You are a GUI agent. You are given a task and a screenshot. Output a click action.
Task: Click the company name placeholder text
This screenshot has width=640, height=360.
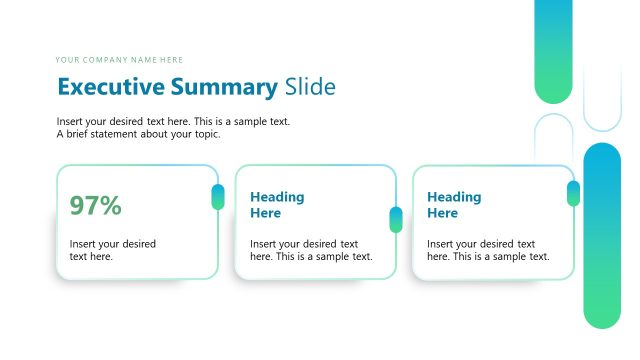(120, 60)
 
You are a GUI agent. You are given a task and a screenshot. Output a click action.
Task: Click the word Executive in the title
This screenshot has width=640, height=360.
(113, 87)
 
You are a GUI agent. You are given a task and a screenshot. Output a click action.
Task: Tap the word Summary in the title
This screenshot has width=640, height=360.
(225, 87)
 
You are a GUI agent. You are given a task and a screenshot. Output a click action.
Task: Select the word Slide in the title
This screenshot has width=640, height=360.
(310, 87)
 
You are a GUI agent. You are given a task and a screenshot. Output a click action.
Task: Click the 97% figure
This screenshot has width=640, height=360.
(95, 206)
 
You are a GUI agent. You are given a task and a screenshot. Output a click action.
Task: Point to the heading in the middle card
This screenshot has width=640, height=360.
(277, 205)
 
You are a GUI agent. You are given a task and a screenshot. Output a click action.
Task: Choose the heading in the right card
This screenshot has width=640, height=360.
(454, 205)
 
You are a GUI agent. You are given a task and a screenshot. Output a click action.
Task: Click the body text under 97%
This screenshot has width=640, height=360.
(112, 250)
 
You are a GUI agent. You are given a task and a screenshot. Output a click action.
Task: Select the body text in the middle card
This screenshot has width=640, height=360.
(311, 250)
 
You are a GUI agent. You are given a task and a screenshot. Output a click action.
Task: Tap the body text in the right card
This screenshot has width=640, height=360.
(488, 250)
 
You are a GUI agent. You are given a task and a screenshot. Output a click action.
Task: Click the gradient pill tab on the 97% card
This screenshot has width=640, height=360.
(218, 197)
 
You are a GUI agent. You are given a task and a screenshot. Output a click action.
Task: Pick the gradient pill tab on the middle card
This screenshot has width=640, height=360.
(396, 219)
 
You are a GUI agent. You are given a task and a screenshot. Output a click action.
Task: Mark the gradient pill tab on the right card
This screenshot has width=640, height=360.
(573, 193)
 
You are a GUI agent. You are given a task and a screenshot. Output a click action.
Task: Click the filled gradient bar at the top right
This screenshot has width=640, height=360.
(553, 50)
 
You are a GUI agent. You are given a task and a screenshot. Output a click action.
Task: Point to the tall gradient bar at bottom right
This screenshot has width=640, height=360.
(602, 235)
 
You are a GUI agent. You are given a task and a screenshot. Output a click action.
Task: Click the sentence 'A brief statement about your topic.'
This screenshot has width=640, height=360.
(138, 134)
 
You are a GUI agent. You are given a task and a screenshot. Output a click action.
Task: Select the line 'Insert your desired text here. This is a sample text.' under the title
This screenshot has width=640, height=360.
(174, 122)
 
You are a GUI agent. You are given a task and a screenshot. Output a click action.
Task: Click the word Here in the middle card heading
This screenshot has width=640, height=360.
(265, 213)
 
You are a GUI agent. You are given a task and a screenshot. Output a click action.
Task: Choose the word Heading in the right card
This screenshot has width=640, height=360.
(454, 197)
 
